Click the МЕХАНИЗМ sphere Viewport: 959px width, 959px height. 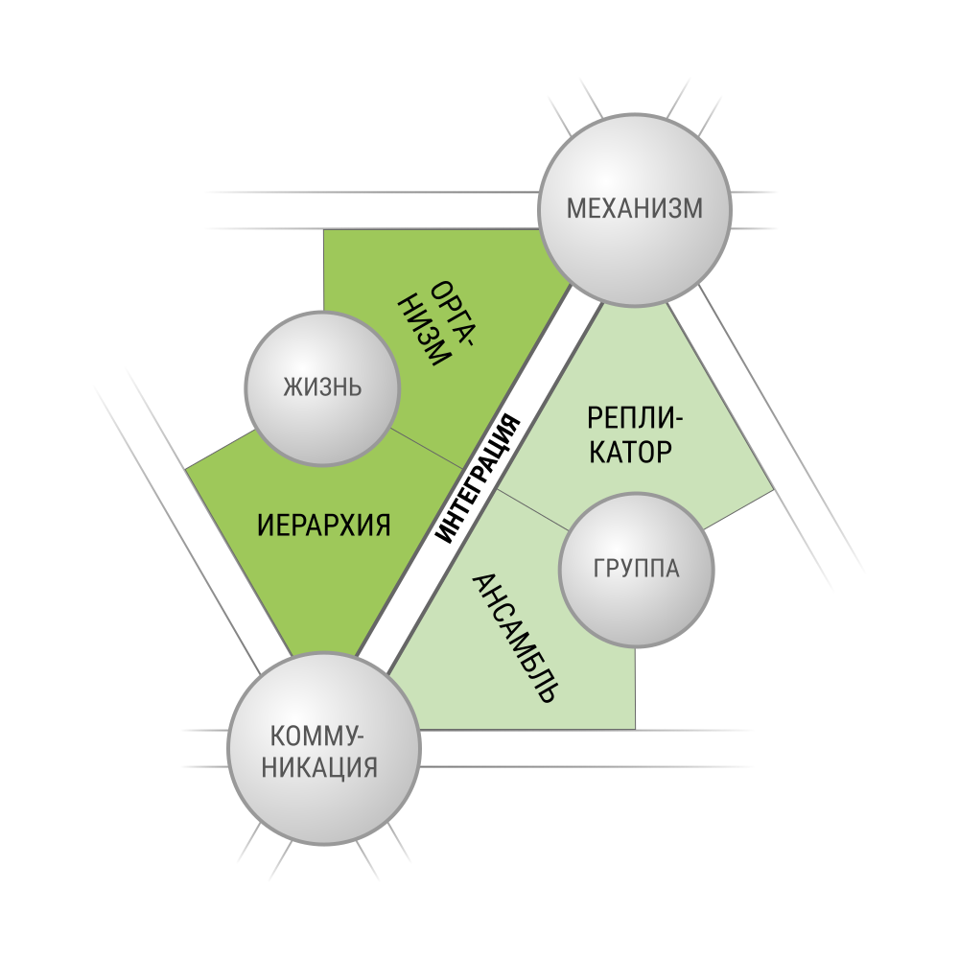634,210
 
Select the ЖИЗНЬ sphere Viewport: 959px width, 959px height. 322,388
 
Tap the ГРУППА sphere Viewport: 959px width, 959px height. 636,570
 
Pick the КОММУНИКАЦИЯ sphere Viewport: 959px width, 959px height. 323,749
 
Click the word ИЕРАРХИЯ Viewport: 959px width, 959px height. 323,526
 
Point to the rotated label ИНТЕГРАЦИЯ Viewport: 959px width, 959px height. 479,479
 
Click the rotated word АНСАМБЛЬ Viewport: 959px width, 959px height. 516,638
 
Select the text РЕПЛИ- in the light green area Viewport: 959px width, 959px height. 634,419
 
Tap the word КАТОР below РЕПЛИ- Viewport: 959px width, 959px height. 631,453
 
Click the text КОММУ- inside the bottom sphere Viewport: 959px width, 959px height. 316,736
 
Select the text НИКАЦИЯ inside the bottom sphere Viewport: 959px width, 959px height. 320,767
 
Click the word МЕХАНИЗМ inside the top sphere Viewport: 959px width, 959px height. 635,208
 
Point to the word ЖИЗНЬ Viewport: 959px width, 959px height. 322,387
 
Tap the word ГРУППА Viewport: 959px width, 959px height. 637,569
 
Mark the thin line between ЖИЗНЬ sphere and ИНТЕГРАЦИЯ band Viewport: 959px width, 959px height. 427,448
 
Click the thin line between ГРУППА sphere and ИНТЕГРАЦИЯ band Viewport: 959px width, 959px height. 531,509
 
